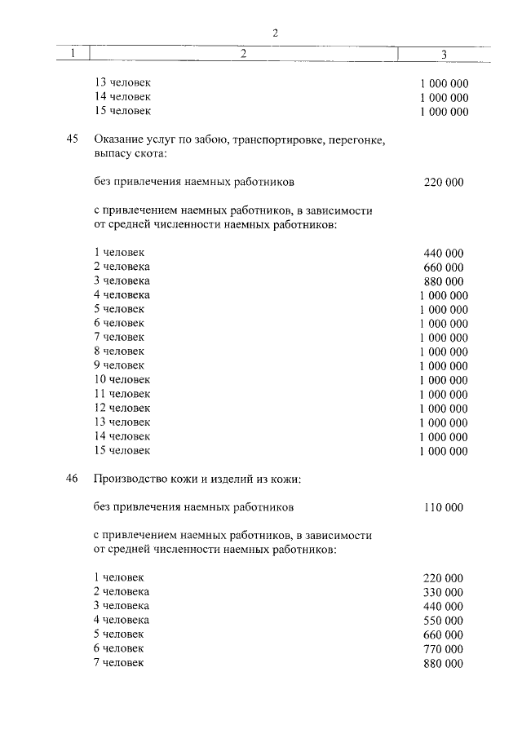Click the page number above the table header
(276, 33)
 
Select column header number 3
(443, 55)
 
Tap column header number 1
(73, 55)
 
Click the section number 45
(72, 140)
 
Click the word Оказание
(118, 140)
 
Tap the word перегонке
(356, 140)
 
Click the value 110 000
(444, 507)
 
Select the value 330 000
(444, 592)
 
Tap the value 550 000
(444, 621)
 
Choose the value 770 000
(444, 649)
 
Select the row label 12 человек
(122, 408)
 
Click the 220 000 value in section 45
(444, 182)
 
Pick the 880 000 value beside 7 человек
(444, 664)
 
